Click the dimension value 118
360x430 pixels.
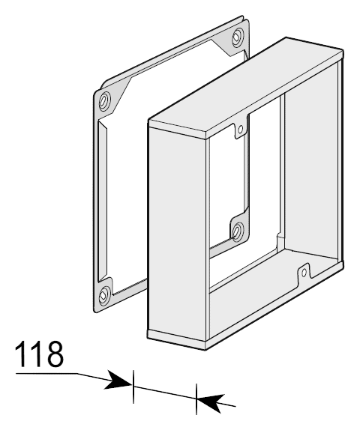pos(39,354)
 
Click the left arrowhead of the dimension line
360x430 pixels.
pos(118,380)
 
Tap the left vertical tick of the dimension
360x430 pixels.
pos(133,387)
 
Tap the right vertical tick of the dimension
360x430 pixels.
pos(196,399)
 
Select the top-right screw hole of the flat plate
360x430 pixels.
pos(238,37)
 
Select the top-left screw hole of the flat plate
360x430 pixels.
pos(104,101)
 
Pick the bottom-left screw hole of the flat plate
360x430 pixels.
pos(103,295)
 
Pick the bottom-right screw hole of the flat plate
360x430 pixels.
pos(238,231)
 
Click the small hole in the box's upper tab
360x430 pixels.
pos(241,129)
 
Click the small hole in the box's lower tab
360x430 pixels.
pos(304,273)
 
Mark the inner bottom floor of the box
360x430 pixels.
pos(274,285)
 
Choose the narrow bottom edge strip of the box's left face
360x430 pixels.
pos(176,336)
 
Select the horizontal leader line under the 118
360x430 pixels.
pos(46,373)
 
